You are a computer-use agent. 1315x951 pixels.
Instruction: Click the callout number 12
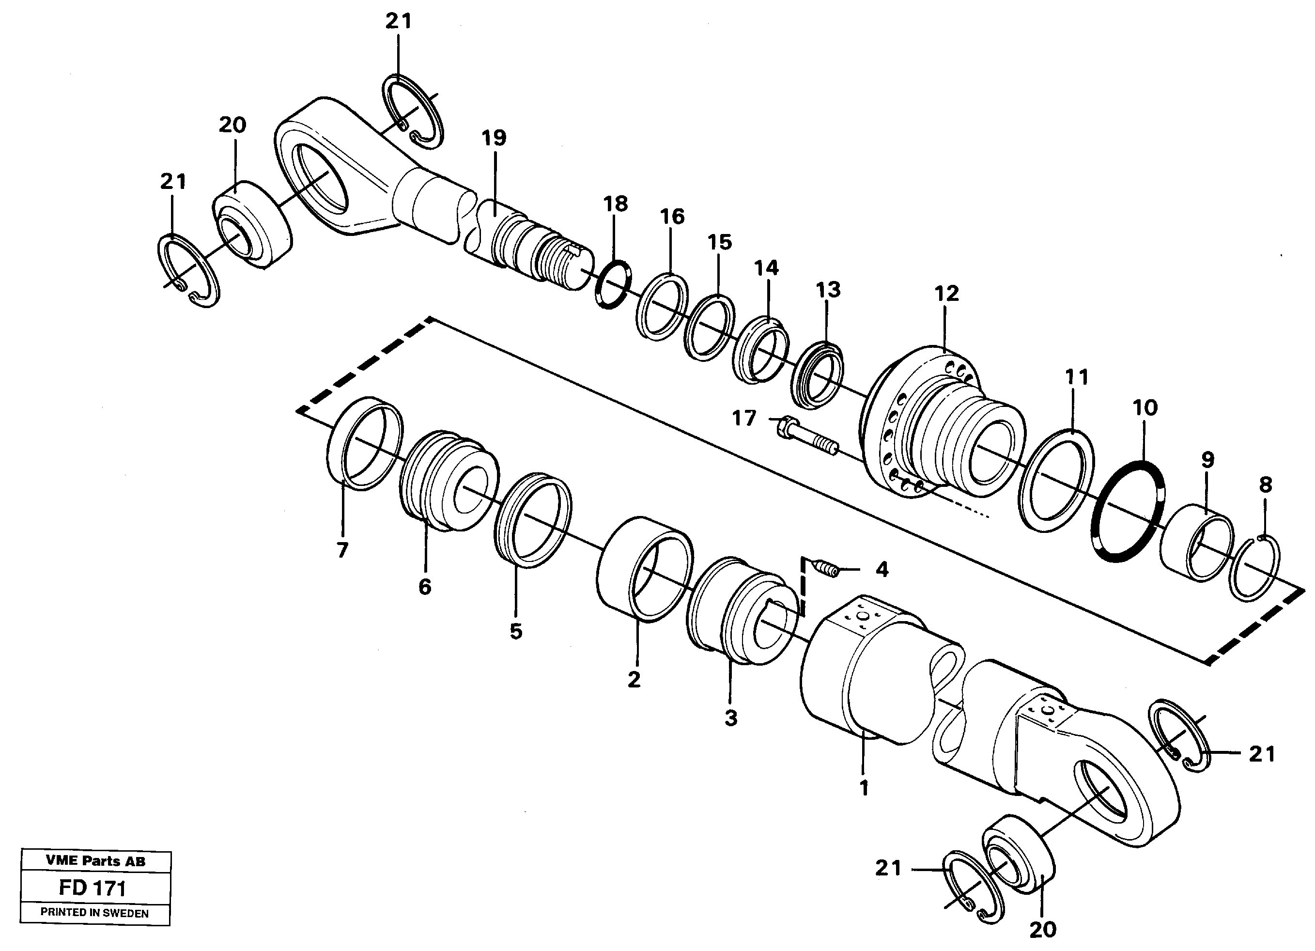[x=946, y=294]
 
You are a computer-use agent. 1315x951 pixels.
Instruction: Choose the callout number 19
[x=494, y=138]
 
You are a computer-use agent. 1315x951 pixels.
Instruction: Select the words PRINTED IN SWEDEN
[x=94, y=913]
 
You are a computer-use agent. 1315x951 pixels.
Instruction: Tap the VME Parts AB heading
[x=96, y=861]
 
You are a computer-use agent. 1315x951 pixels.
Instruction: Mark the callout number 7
[x=342, y=549]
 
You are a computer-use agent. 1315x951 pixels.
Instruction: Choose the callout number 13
[x=828, y=289]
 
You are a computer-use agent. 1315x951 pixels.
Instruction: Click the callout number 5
[x=515, y=631]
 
